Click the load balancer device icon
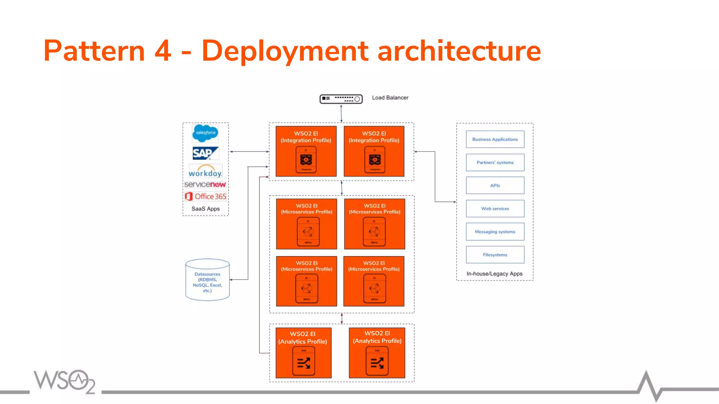(x=341, y=99)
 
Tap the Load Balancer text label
(x=390, y=98)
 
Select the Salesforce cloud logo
(x=205, y=133)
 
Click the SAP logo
(x=205, y=153)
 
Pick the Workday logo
(x=205, y=171)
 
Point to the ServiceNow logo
(x=205, y=184)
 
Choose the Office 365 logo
(x=206, y=196)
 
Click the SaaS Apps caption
(x=206, y=209)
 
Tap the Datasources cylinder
(x=207, y=280)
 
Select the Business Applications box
(x=495, y=139)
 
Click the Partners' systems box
(x=495, y=162)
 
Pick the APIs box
(x=495, y=186)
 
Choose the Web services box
(x=495, y=209)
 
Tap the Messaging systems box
(x=495, y=232)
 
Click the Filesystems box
(x=495, y=255)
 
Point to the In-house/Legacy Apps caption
(x=494, y=274)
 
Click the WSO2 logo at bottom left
(x=65, y=381)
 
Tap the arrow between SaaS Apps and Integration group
(x=249, y=151)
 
